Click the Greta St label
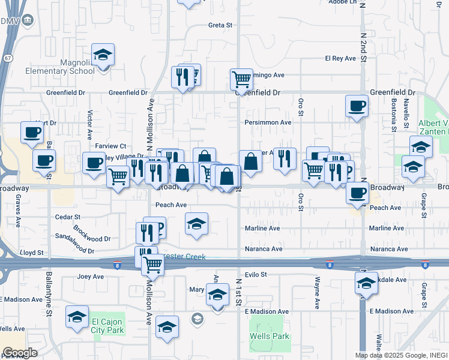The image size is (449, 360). point(220,25)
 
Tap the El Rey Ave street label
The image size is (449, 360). point(341,58)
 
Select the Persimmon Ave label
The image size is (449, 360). point(268,122)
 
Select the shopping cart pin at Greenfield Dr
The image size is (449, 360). point(241,79)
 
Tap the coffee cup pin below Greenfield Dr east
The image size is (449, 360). point(357,106)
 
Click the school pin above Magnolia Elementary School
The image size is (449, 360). point(103,55)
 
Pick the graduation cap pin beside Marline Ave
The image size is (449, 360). point(196,224)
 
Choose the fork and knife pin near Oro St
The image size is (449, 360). point(285,158)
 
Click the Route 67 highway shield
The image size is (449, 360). point(6,58)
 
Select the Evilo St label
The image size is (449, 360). point(255,274)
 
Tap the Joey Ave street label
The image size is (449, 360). point(91,277)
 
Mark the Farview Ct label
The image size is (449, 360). point(110,146)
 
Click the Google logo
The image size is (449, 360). point(20,353)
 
